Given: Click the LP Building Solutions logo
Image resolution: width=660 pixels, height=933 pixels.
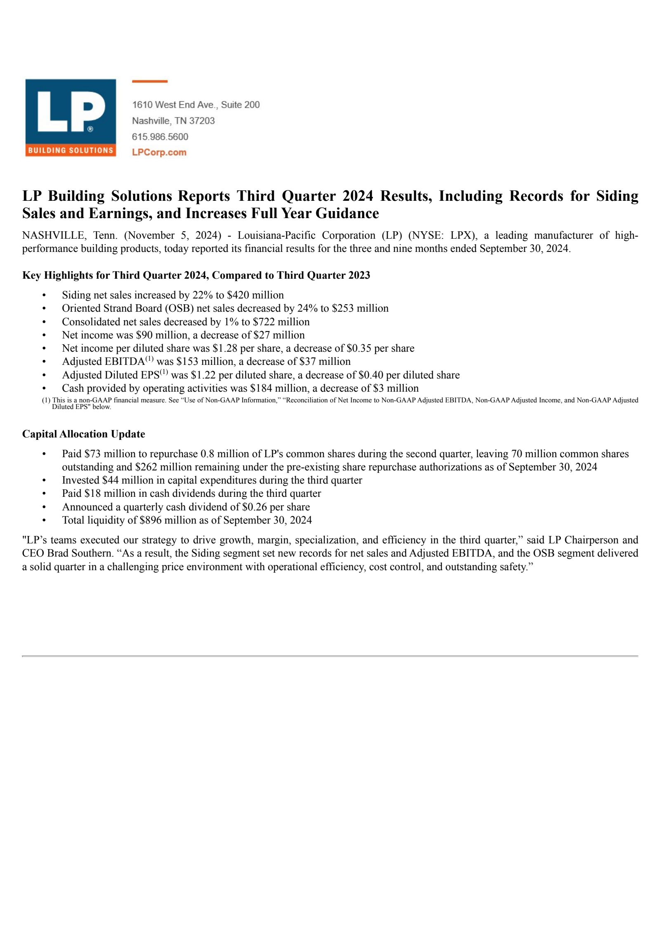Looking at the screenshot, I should [71, 118].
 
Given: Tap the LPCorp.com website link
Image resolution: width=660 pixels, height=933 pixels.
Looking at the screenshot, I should [159, 152].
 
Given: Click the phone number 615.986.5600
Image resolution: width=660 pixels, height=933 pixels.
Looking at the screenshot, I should [160, 136].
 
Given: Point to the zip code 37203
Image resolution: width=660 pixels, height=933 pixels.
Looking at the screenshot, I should [202, 120].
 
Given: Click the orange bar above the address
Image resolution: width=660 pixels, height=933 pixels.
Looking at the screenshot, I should [149, 81].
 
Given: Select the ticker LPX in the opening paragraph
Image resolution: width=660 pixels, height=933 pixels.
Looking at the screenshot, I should [460, 235].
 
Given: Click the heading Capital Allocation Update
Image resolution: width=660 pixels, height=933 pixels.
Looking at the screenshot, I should [83, 434].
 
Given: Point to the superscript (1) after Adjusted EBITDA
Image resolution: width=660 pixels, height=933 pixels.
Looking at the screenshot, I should [149, 359].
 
